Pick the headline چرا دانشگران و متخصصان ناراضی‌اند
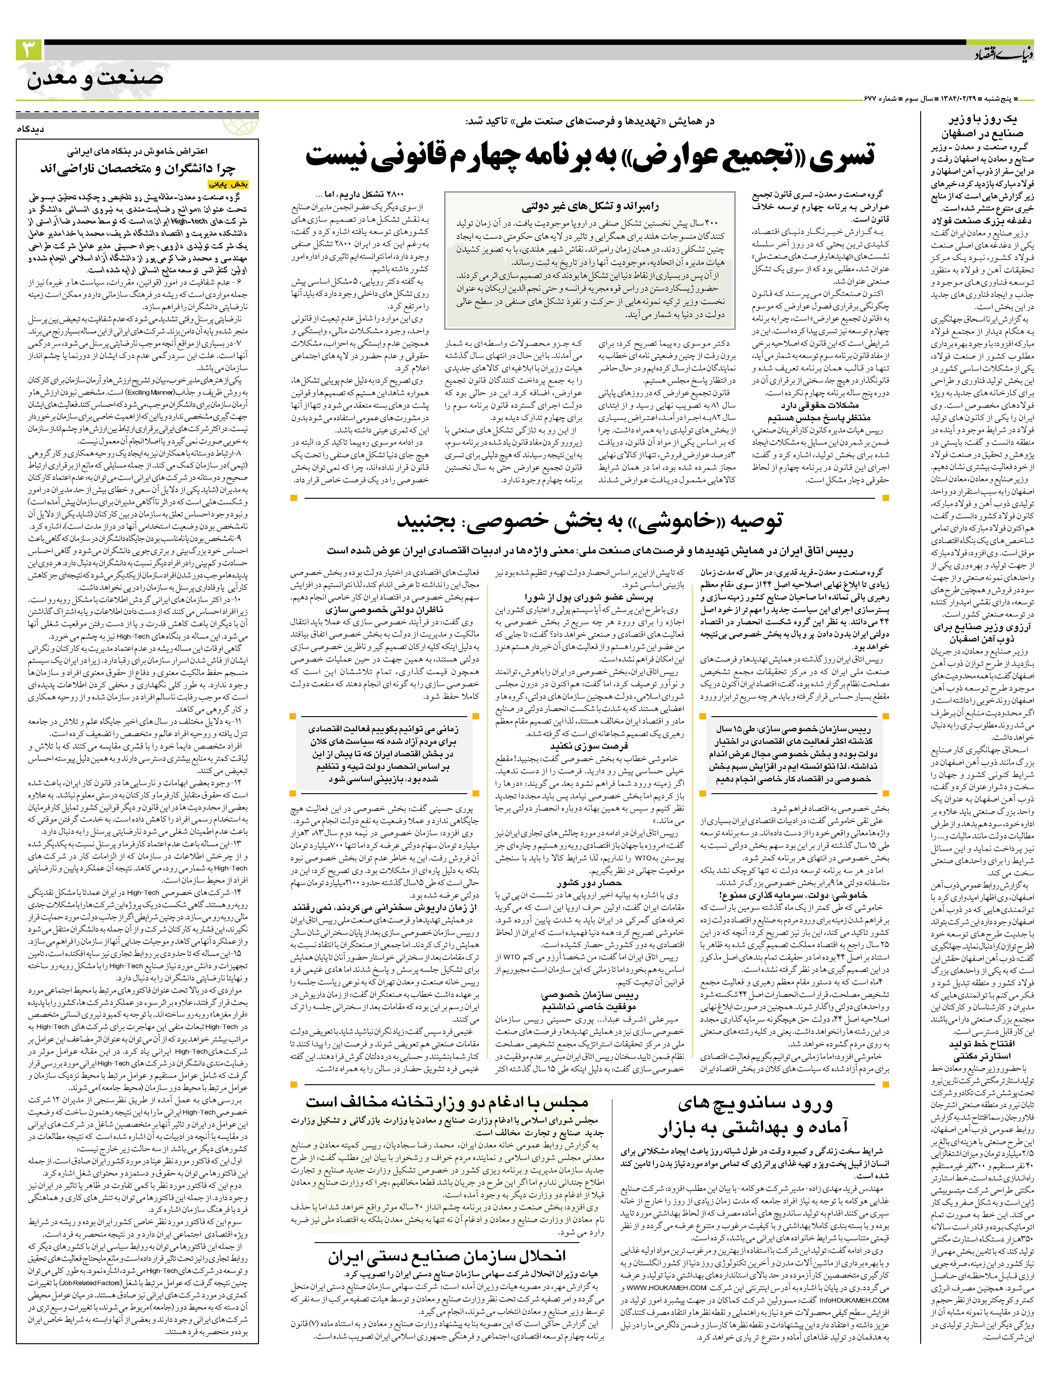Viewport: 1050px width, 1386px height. (x=138, y=169)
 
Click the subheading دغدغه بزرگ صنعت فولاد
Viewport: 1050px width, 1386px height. (x=980, y=221)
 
